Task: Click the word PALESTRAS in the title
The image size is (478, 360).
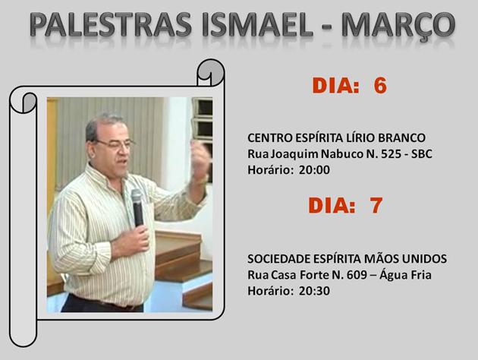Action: coord(111,25)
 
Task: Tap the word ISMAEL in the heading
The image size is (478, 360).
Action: coord(257,25)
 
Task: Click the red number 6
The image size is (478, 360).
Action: coord(380,85)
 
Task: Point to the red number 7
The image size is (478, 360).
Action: coord(376,205)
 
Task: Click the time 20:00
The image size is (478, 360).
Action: coord(314,170)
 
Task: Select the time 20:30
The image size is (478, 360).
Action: coord(314,291)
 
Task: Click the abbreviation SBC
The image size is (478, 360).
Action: coord(422,154)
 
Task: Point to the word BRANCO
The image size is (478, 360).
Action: coord(402,138)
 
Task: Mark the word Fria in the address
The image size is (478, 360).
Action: coord(421,275)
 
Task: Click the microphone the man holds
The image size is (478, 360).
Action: coord(137,207)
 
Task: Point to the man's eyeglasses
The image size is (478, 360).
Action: coord(115,144)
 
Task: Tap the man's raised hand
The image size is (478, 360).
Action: coord(200,159)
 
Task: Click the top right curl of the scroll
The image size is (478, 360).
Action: coord(211,73)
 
